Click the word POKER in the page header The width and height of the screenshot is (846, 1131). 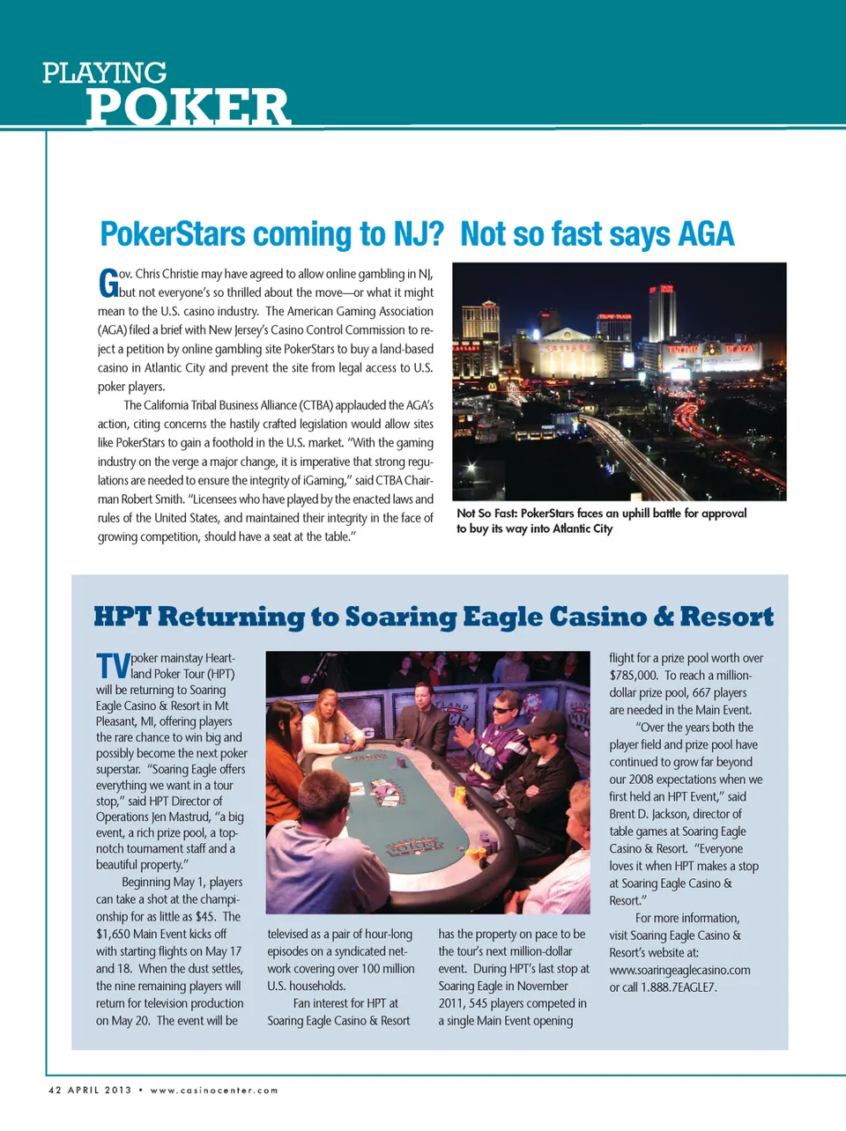(x=187, y=108)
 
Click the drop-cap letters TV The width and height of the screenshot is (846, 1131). (x=113, y=666)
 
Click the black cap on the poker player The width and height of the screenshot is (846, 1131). (x=539, y=725)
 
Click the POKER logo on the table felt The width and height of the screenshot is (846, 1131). (x=416, y=846)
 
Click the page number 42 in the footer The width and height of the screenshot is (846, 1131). (x=55, y=1090)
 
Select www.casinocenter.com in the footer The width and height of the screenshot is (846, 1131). (x=214, y=1090)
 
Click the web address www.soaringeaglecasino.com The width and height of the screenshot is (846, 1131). (x=679, y=970)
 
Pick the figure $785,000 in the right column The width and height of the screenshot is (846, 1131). (x=634, y=676)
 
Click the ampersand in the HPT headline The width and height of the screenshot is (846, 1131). (x=663, y=617)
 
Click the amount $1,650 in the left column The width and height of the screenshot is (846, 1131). (x=115, y=934)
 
